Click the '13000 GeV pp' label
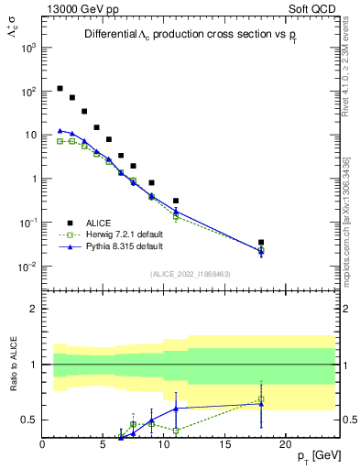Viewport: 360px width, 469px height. [x=80, y=8]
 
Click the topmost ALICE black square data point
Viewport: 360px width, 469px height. [x=60, y=89]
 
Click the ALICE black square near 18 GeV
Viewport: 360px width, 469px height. [x=261, y=243]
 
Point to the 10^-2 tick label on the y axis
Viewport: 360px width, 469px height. [x=27, y=267]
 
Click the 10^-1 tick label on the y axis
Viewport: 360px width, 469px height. [x=27, y=223]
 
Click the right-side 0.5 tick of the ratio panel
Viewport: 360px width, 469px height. [x=348, y=420]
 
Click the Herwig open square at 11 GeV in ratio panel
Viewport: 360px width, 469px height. [x=176, y=431]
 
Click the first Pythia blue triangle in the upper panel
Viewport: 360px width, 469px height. [x=60, y=131]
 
